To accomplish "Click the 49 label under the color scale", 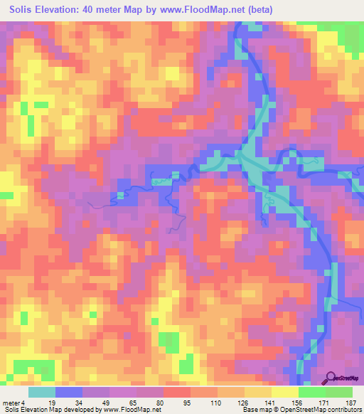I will (x=105, y=403).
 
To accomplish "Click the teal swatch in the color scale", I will (x=41, y=392).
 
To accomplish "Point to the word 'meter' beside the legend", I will (x=12, y=403).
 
